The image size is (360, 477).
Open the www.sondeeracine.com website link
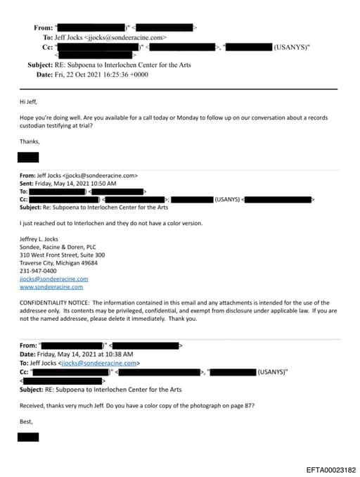point(51,286)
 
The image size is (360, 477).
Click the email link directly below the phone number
point(49,279)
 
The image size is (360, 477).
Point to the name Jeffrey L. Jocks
point(41,239)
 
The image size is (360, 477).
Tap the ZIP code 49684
point(89,263)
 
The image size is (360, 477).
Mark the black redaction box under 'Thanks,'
point(28,157)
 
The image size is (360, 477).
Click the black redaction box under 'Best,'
point(28,437)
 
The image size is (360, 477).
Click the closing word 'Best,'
point(27,421)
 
